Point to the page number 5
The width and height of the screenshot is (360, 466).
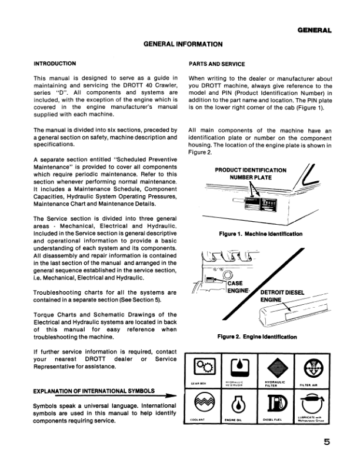[x=326, y=444]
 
